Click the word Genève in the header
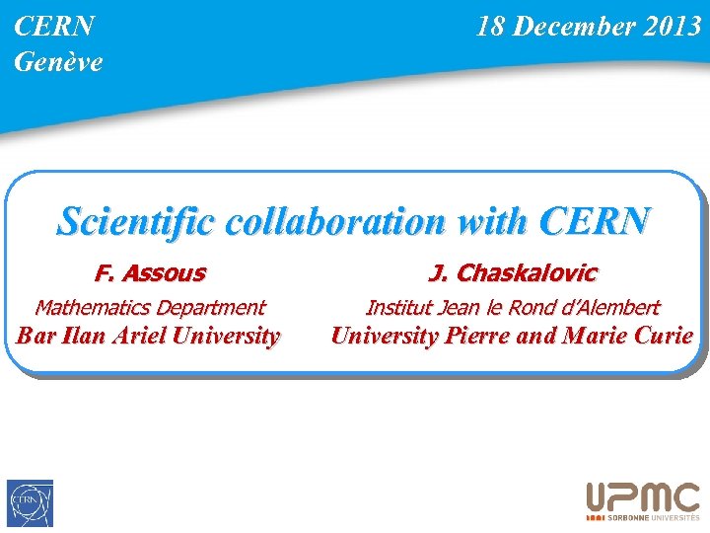[58, 62]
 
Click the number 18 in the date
[490, 27]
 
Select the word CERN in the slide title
[595, 221]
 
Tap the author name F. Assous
[150, 272]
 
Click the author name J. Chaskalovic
[512, 272]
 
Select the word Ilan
[83, 336]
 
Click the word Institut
[398, 308]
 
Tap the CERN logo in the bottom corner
[31, 503]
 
